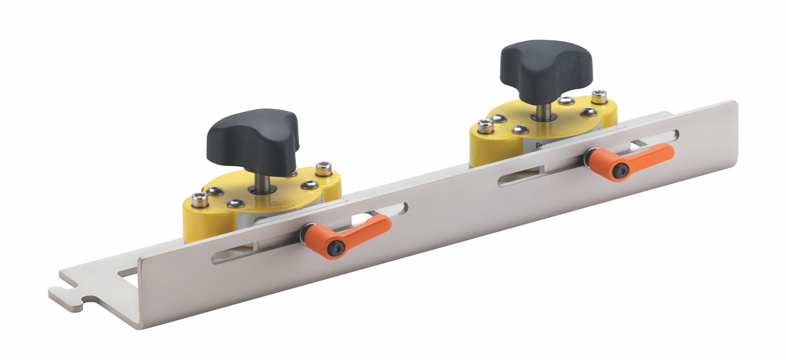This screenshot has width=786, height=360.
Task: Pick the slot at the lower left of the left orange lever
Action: (x=252, y=256)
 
